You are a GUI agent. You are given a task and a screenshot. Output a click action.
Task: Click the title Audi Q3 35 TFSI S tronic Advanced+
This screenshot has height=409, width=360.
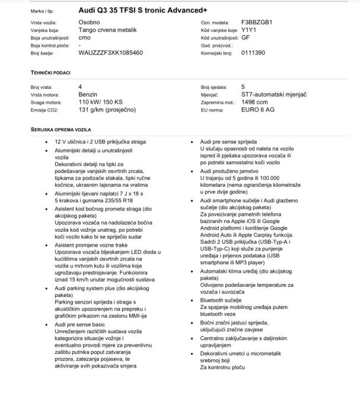(151, 10)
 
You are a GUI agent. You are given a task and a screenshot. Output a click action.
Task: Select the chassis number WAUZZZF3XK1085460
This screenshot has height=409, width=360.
(110, 53)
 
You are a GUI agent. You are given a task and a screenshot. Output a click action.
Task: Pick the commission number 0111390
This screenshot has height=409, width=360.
(253, 53)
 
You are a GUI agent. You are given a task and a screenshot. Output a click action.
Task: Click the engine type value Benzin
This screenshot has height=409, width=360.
(88, 94)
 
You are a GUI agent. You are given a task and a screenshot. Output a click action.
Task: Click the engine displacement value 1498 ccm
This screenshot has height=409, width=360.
(256, 102)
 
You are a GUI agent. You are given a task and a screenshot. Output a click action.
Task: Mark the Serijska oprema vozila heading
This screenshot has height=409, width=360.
(60, 129)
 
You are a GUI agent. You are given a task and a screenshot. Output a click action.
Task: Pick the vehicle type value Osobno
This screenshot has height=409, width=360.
(89, 22)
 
